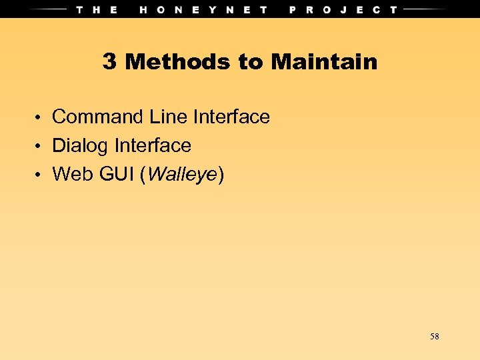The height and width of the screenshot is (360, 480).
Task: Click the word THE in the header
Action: click(x=97, y=9)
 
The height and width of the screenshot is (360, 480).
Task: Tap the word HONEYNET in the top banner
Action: click(x=204, y=9)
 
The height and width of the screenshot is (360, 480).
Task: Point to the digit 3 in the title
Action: click(x=110, y=62)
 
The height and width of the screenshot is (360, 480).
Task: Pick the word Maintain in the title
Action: click(x=324, y=62)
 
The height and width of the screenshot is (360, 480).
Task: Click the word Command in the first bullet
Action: click(x=97, y=117)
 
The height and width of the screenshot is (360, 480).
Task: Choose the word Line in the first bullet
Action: click(x=168, y=117)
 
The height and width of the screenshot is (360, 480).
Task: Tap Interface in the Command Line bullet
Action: click(x=231, y=117)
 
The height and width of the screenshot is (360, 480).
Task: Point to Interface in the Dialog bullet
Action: click(x=153, y=146)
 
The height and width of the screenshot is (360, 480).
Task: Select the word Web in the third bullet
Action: click(x=73, y=175)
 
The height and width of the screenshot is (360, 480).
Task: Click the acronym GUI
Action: click(x=116, y=175)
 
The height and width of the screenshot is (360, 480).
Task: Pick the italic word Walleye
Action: click(x=181, y=175)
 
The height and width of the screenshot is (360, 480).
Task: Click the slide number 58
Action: click(x=435, y=337)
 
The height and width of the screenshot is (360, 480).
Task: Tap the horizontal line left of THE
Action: click(x=47, y=9)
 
